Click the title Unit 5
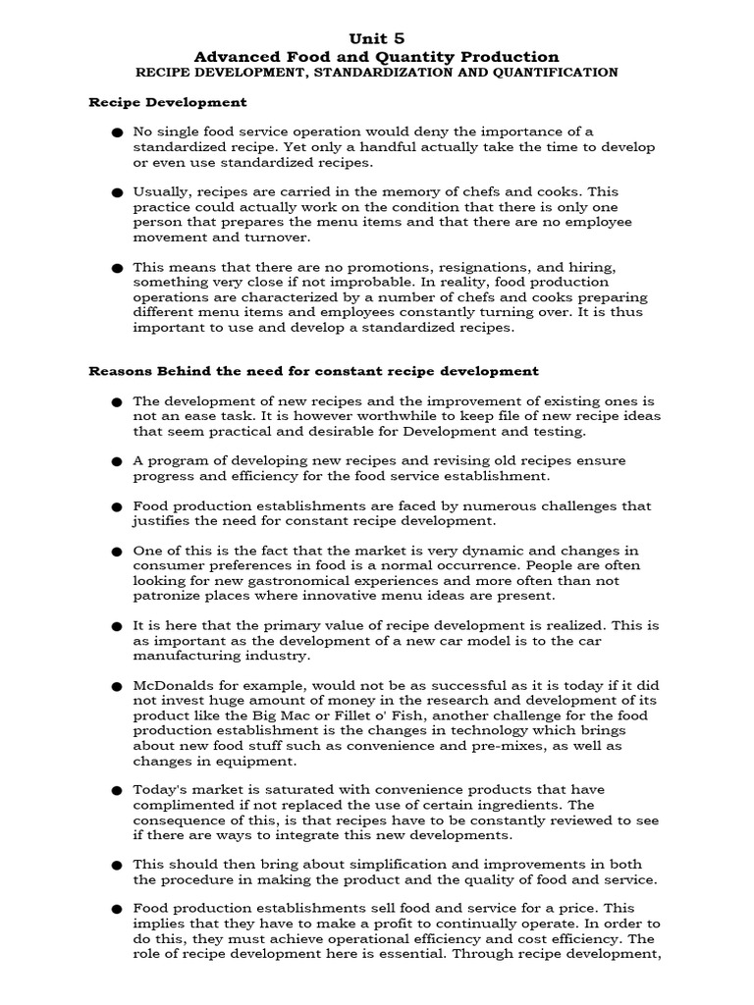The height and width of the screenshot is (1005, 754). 377,37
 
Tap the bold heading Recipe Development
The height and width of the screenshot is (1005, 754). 168,102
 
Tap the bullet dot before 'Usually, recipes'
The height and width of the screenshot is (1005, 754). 117,192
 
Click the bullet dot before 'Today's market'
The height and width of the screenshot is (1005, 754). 117,791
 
